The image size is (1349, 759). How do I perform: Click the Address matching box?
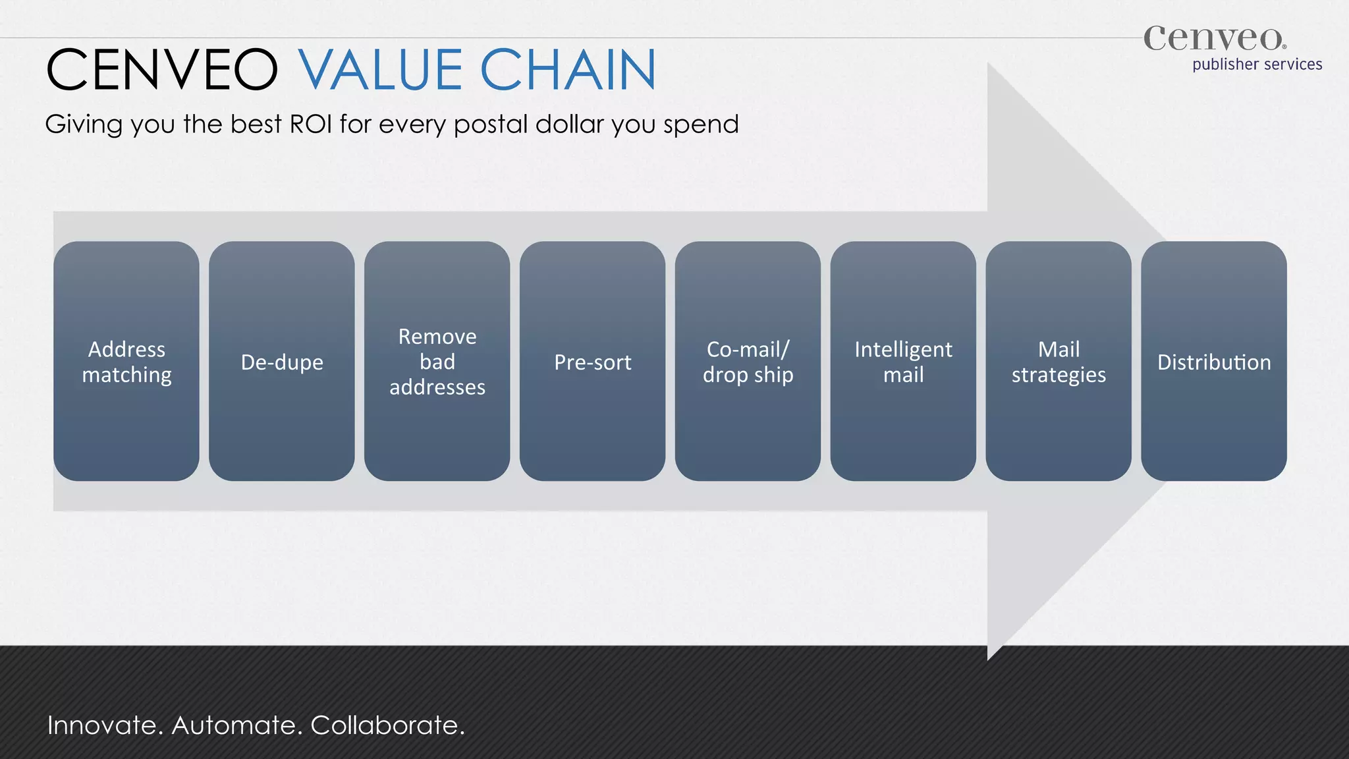[126, 361]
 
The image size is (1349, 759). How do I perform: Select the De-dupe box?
[282, 361]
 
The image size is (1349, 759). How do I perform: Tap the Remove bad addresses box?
[437, 361]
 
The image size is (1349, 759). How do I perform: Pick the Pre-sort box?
[593, 361]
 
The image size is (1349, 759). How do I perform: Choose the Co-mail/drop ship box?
[748, 361]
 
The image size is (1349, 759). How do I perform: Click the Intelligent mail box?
[903, 361]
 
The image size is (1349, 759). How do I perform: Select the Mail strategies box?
[1059, 361]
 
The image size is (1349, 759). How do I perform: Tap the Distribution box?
[1214, 361]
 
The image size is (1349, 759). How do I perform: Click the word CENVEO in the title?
[163, 70]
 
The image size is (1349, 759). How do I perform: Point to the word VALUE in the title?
[381, 70]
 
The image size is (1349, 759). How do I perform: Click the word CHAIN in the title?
[568, 70]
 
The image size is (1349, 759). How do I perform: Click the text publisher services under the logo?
[1257, 65]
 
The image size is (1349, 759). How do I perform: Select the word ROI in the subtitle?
[311, 124]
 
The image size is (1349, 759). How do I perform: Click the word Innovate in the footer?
[104, 725]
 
